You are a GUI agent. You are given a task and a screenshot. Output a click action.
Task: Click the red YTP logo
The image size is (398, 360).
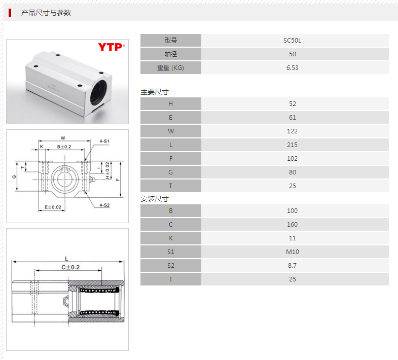point(111,47)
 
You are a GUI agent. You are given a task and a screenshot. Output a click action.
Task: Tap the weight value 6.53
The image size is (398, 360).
point(292,68)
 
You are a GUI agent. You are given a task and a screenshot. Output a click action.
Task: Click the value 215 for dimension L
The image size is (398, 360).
point(292,145)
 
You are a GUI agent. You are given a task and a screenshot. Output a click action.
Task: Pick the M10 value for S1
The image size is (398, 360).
point(293,251)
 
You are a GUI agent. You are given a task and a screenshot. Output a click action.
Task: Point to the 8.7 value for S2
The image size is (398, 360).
point(292,265)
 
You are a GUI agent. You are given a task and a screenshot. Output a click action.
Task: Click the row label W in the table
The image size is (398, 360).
point(170,131)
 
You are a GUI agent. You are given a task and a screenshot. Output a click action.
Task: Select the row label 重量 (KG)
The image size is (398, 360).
point(170,68)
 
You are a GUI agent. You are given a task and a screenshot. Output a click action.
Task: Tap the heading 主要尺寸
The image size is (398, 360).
point(155,92)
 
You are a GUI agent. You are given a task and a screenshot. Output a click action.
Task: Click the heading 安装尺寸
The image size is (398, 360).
point(155,199)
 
